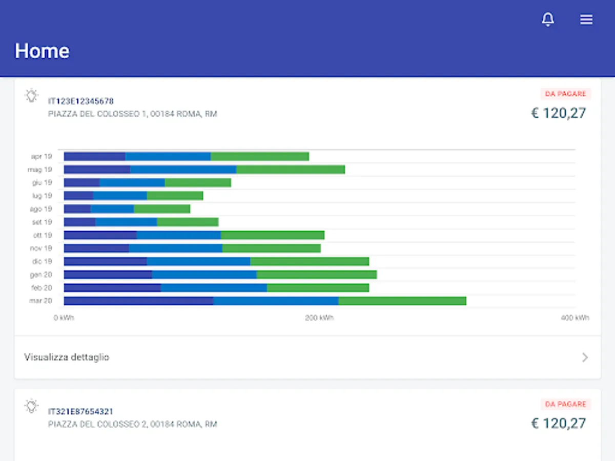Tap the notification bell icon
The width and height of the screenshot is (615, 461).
pyautogui.click(x=548, y=19)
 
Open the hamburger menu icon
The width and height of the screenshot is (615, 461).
pyautogui.click(x=586, y=19)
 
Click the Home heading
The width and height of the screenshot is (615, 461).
pyautogui.click(x=42, y=51)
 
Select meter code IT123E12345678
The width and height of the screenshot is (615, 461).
pyautogui.click(x=81, y=101)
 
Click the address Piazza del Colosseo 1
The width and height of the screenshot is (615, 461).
pyautogui.click(x=132, y=114)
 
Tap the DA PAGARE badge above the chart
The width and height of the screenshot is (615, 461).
pyautogui.click(x=565, y=94)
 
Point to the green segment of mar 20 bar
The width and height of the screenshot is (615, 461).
pyautogui.click(x=402, y=301)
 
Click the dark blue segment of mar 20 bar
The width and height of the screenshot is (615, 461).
pyautogui.click(x=138, y=301)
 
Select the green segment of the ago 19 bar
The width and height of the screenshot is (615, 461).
pyautogui.click(x=162, y=209)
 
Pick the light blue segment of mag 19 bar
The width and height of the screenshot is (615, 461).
pyautogui.click(x=183, y=170)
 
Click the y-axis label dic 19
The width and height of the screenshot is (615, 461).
pyautogui.click(x=41, y=261)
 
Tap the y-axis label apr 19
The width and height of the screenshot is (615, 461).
pyautogui.click(x=41, y=156)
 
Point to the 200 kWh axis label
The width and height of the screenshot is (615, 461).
pyautogui.click(x=319, y=318)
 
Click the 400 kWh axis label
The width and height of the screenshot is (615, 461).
pyautogui.click(x=575, y=318)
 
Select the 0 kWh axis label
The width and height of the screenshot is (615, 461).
pyautogui.click(x=64, y=318)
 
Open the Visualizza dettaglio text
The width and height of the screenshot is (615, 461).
pyautogui.click(x=67, y=357)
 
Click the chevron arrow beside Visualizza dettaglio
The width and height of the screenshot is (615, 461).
pyautogui.click(x=585, y=358)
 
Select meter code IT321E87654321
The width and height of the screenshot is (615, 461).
pyautogui.click(x=81, y=411)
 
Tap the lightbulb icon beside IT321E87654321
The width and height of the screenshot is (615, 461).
pyautogui.click(x=32, y=406)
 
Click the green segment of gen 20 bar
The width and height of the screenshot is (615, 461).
pyautogui.click(x=317, y=275)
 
